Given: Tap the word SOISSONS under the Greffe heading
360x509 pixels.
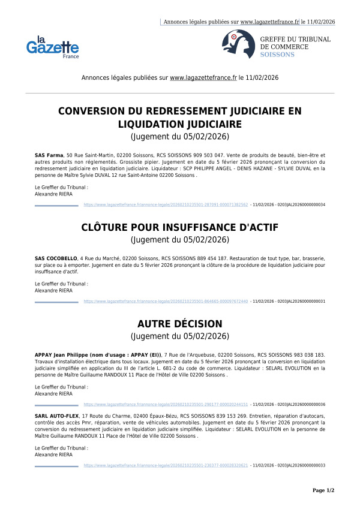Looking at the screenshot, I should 277,55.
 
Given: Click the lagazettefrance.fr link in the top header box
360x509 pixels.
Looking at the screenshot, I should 269,22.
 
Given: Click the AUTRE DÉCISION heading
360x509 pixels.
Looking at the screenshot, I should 180,323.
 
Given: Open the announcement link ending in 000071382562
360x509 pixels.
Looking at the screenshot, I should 166,204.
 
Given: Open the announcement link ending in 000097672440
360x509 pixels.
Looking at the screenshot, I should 166,301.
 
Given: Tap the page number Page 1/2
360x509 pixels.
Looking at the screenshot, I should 323,490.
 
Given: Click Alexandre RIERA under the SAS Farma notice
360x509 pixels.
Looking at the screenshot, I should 53,194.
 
